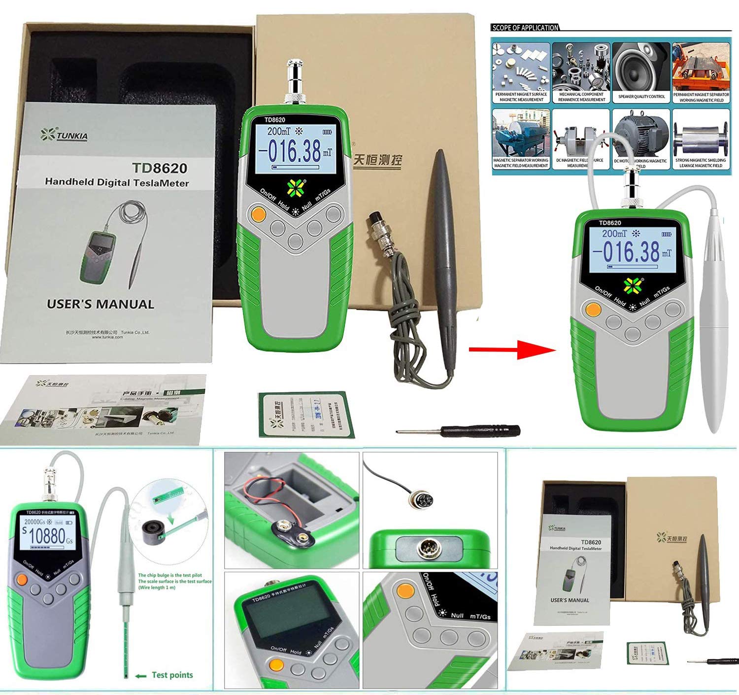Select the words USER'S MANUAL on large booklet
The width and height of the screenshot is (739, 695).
coord(101,304)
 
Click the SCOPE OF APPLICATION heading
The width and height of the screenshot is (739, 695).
coord(525,28)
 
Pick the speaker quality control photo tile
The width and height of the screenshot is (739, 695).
coord(641,73)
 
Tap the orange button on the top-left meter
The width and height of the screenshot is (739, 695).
coord(258,214)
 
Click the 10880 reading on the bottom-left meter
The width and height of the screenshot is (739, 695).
coord(47,535)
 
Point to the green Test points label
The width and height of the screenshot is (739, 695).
coord(172,675)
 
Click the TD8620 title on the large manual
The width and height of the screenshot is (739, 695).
coord(159,169)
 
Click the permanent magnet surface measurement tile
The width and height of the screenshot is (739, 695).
coord(521,73)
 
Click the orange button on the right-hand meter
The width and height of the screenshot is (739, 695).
coord(594,310)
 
